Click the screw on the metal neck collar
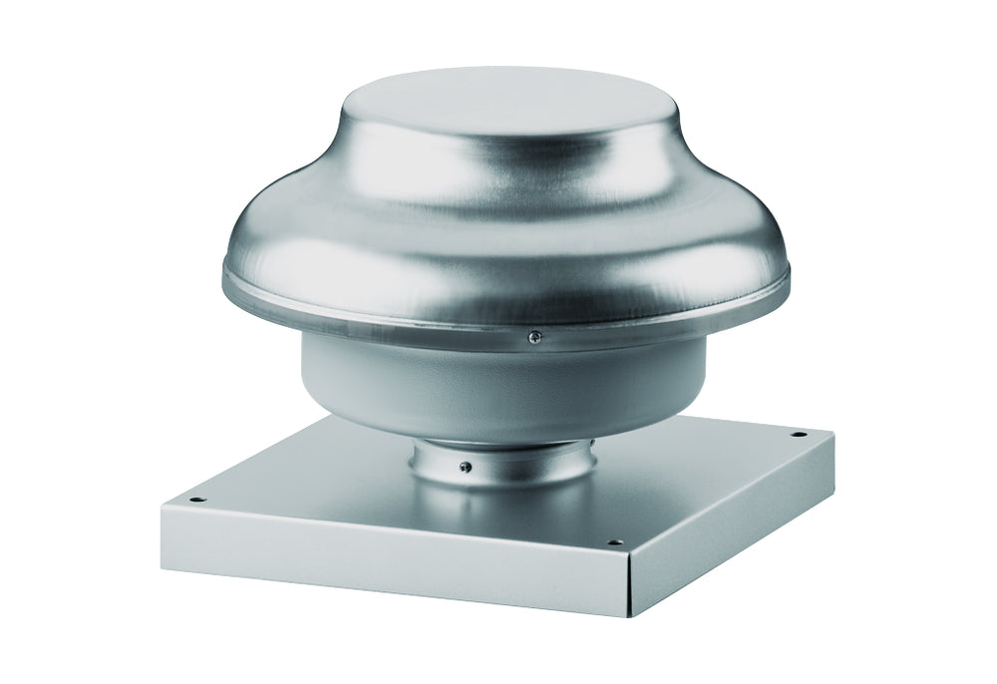(x=466, y=466)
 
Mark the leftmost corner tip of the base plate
(x=161, y=507)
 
